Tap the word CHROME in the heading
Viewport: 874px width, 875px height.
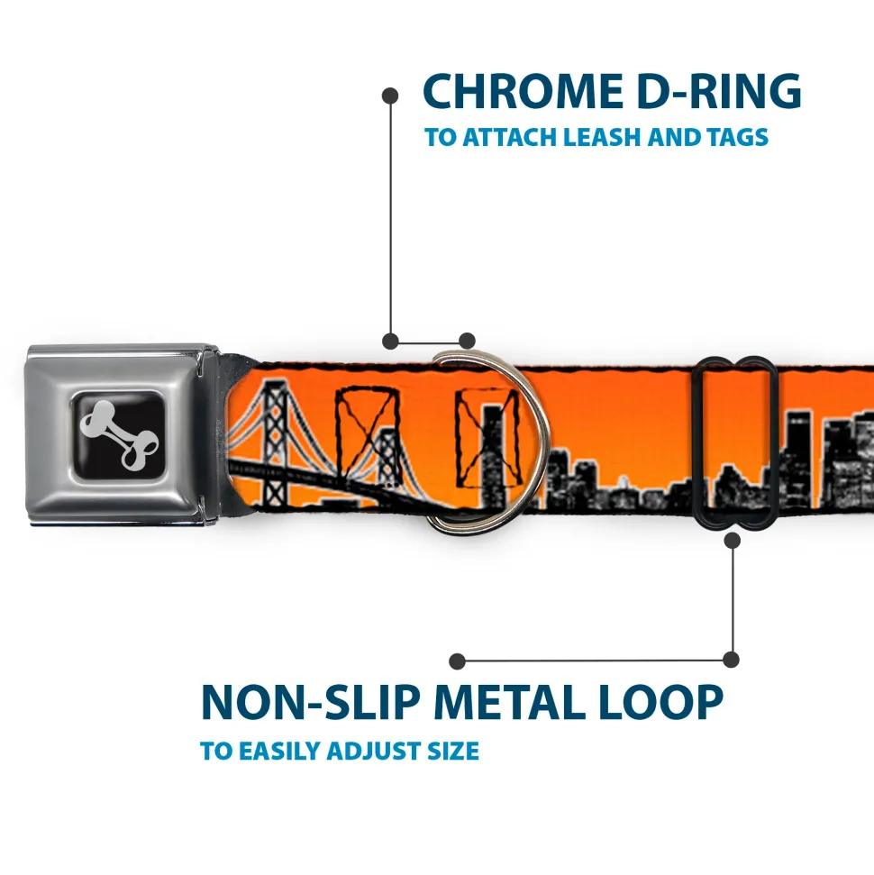click(523, 91)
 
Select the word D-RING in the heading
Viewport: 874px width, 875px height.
click(719, 91)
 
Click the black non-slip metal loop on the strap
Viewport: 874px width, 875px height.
click(733, 443)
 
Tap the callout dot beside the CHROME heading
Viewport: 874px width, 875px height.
click(390, 96)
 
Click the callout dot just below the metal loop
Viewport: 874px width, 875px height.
click(732, 540)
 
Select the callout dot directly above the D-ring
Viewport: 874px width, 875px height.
click(467, 341)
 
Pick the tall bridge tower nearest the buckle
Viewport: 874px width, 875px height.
click(278, 442)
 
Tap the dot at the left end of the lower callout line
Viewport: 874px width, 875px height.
click(457, 661)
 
